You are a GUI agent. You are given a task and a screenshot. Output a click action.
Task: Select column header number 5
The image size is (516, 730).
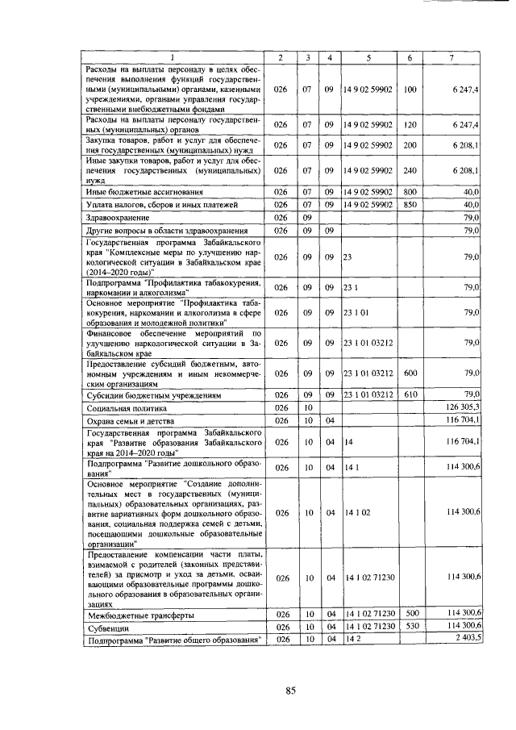[367, 58]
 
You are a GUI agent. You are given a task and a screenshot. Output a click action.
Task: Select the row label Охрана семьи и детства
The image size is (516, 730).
[133, 420]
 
